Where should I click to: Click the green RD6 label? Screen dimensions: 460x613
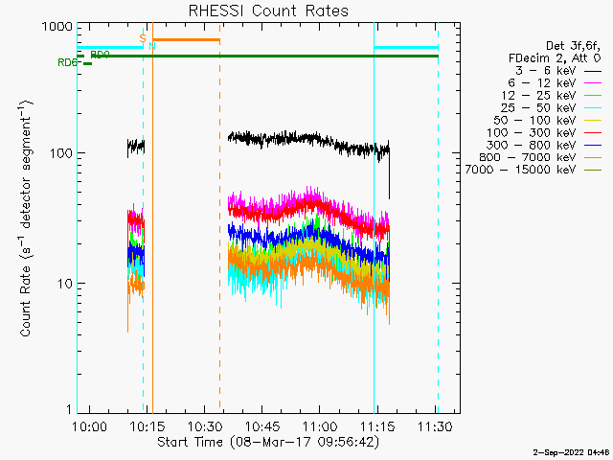pos(66,63)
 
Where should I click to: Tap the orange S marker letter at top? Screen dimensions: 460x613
pos(142,38)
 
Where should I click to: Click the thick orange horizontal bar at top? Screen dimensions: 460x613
pos(186,40)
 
